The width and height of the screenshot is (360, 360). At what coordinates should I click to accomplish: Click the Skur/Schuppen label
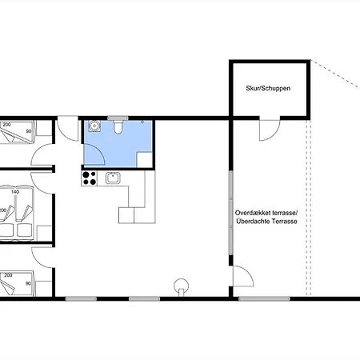point(268,88)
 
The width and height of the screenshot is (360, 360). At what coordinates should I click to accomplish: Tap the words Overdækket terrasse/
point(266,213)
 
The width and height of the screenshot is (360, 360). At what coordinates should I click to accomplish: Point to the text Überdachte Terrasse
point(266,221)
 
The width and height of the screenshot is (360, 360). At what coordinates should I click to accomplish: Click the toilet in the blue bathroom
point(118,126)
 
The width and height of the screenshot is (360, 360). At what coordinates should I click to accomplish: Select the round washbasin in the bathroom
point(94,126)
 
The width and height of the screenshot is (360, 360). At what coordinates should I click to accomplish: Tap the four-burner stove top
point(89,178)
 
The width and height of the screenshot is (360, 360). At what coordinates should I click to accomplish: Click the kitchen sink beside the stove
point(113,178)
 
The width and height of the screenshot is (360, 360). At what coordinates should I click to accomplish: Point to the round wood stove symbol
point(182,287)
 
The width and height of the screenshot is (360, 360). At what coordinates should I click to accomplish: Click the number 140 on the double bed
point(15,192)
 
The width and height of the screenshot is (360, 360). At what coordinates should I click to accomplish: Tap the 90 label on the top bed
point(29,131)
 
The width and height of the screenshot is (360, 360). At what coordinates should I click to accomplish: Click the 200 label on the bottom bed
point(8,275)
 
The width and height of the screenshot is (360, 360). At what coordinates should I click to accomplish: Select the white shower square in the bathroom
point(144,159)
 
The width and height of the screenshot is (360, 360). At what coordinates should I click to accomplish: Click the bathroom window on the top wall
point(118,118)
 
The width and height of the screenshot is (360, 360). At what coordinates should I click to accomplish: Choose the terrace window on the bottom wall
point(264,298)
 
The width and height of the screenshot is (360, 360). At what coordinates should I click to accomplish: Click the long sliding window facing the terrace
point(230,213)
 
